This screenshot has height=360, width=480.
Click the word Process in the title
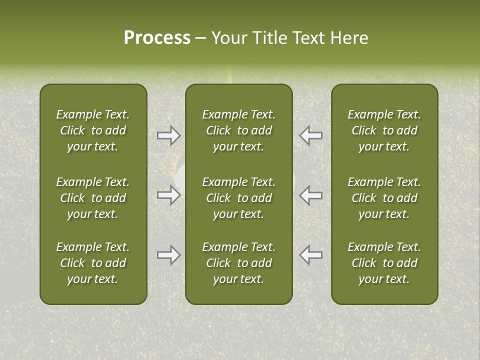pos(157,38)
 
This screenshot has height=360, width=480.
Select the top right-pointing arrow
pos(168,135)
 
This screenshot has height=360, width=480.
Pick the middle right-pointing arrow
pos(168,195)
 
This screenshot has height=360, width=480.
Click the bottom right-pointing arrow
pos(168,255)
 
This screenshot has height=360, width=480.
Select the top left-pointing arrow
pos(311,135)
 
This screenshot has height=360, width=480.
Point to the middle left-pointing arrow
pos(311,195)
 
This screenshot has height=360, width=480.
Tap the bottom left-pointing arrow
pos(311,255)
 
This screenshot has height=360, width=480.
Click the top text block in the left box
pos(93,130)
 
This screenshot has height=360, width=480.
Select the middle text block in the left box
pos(93,198)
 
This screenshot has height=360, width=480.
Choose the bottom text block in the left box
pos(93,263)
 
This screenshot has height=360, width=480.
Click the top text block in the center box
pos(238,130)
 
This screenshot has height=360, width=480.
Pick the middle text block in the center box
pos(238,198)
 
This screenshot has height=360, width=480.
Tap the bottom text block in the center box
pos(238,263)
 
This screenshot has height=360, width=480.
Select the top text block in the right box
pos(384,130)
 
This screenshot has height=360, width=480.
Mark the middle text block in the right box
pos(384,198)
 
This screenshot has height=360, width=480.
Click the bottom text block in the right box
pos(384,263)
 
